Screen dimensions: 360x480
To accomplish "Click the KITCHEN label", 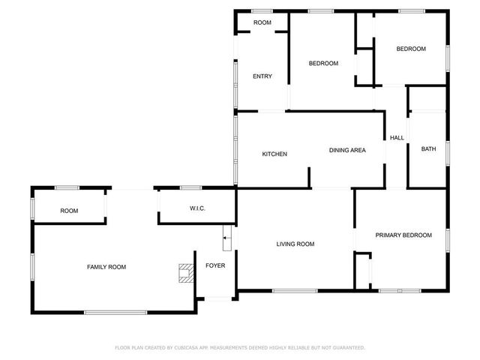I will (274, 154).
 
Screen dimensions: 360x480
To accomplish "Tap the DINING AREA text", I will (347, 151).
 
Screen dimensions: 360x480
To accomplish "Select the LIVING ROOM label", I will (295, 244).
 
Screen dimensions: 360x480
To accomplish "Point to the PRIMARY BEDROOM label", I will (403, 235).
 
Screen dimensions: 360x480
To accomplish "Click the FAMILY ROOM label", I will (106, 267).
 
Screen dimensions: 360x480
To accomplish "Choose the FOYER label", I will (215, 265).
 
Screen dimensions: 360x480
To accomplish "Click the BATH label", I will (428, 149).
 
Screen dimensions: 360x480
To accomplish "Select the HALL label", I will (397, 138).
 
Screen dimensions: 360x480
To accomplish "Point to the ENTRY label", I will (262, 76).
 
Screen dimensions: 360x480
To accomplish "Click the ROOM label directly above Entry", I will (262, 23).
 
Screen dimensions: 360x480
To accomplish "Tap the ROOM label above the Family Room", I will (69, 211).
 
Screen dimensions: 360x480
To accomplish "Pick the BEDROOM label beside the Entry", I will (323, 64).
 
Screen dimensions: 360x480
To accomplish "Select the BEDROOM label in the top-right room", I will (410, 49).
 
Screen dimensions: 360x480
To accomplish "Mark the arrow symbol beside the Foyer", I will (227, 239).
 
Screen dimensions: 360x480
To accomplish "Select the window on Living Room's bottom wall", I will (294, 291).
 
